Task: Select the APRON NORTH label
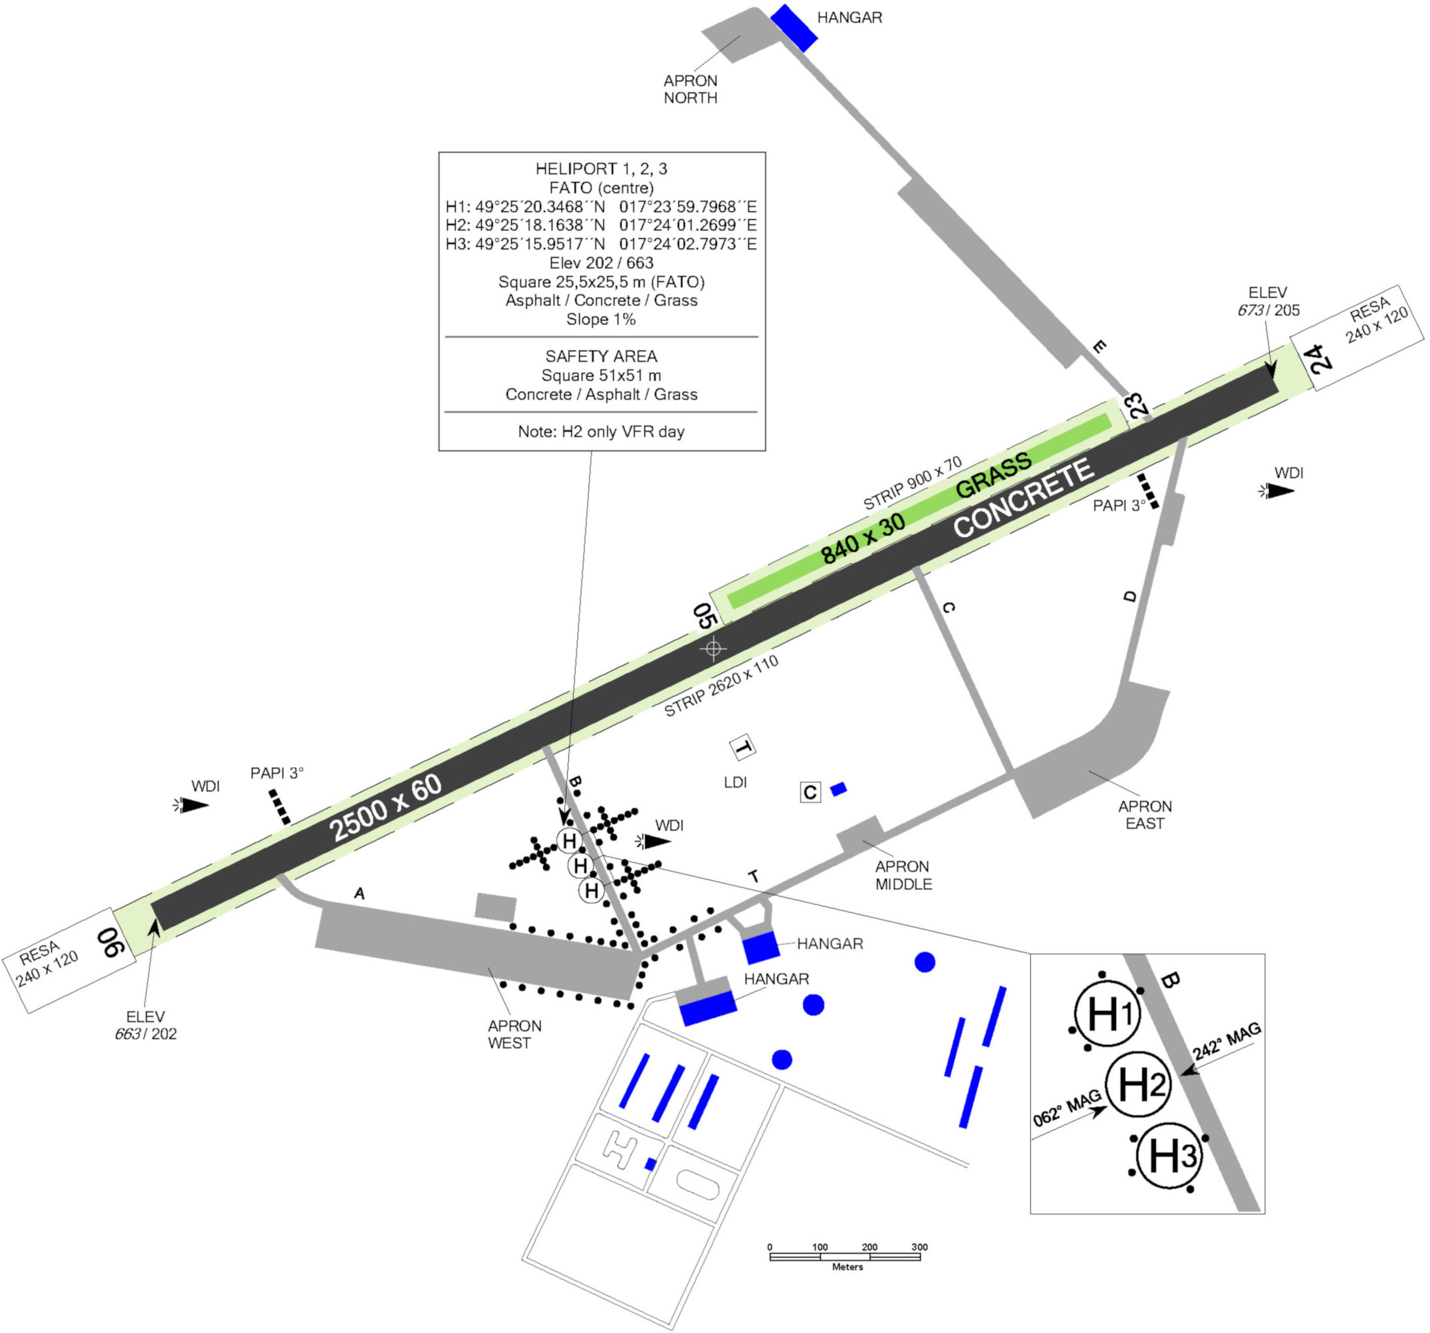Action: (690, 89)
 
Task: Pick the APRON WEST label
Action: (514, 1034)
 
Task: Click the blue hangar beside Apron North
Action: (794, 28)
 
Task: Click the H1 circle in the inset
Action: (1107, 1014)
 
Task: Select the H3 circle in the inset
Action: (1169, 1155)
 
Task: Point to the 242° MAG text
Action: (1227, 1041)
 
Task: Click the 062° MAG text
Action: (1067, 1108)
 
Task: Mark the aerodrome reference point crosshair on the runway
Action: (713, 649)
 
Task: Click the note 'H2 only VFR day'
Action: (600, 432)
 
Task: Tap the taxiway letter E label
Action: (1098, 347)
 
